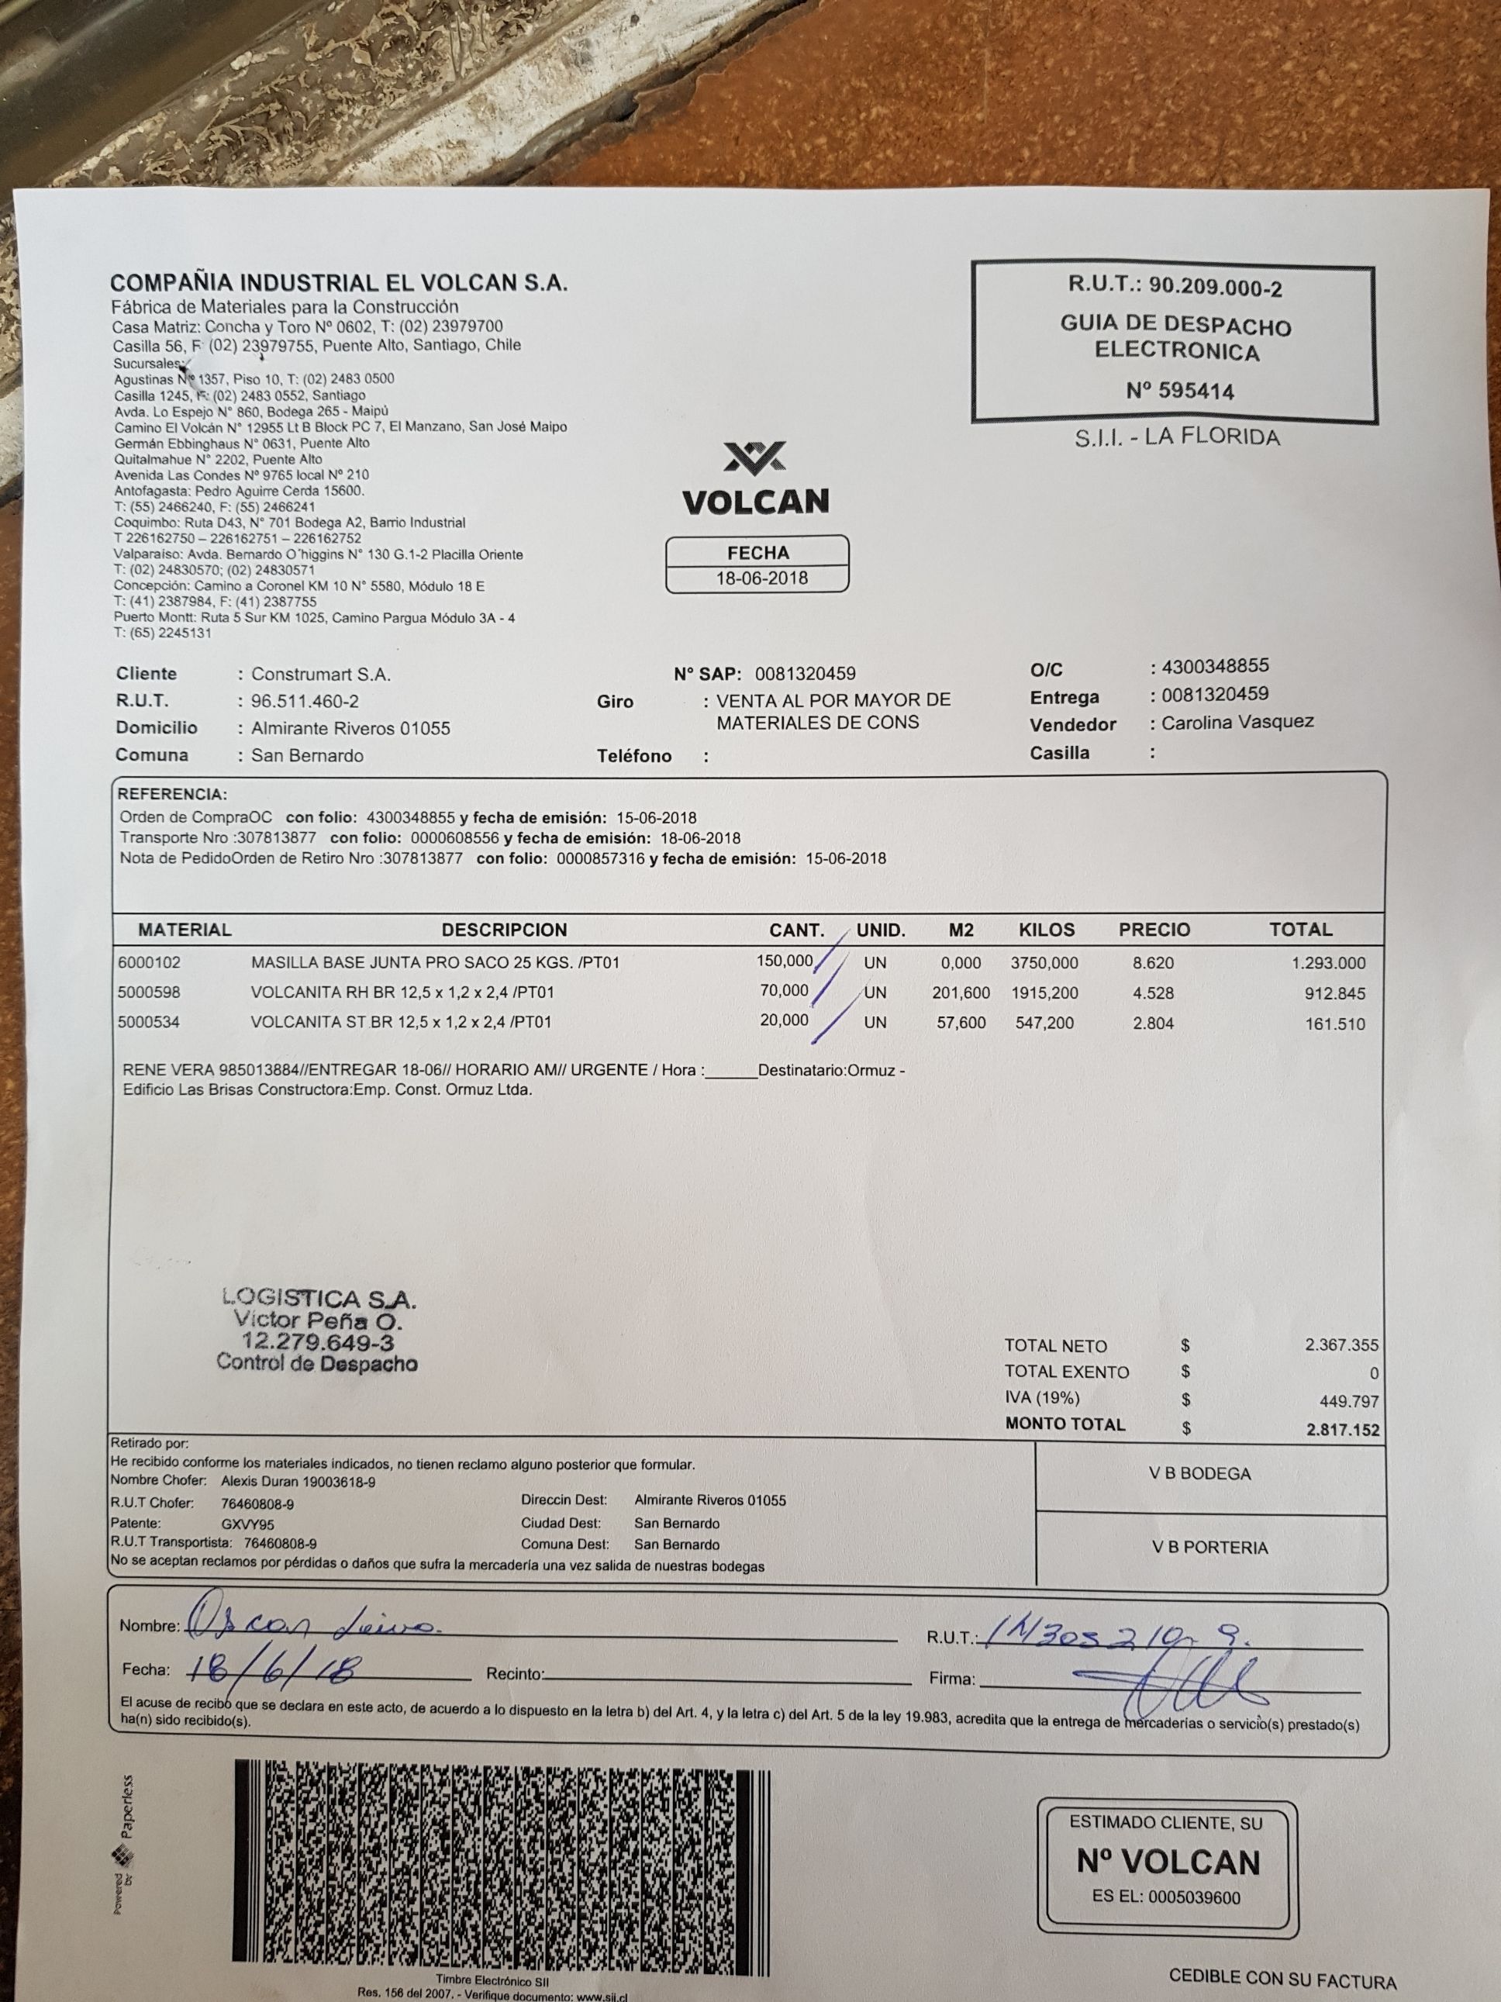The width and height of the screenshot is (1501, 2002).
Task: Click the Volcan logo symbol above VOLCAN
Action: pyautogui.click(x=754, y=457)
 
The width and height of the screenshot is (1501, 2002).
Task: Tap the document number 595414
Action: pyautogui.click(x=1180, y=392)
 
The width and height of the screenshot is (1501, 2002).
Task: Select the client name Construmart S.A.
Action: pyautogui.click(x=320, y=675)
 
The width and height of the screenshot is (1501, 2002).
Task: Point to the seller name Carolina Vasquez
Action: pyautogui.click(x=1237, y=722)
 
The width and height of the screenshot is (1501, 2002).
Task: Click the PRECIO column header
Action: pyautogui.click(x=1154, y=930)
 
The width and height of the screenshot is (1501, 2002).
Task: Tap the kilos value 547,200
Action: pyautogui.click(x=1047, y=1023)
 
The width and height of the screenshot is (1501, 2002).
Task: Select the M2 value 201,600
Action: pyautogui.click(x=961, y=992)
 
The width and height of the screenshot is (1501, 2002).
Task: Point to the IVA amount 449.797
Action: pyautogui.click(x=1349, y=1402)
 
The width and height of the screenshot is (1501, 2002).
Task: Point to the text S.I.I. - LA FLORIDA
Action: pyautogui.click(x=1176, y=438)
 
